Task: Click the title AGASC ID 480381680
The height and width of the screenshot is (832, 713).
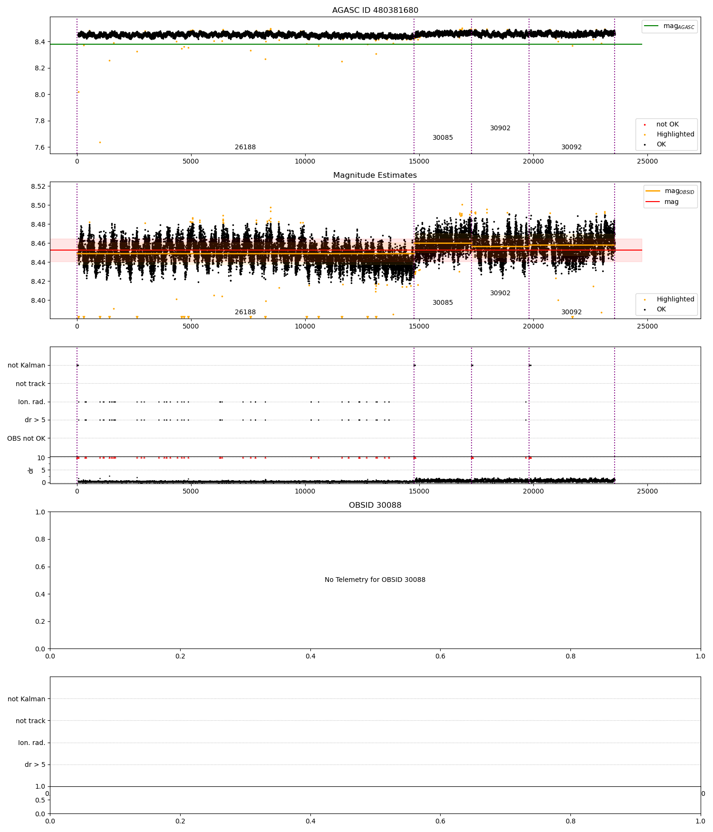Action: (x=375, y=10)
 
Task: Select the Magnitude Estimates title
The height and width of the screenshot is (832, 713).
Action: (x=375, y=175)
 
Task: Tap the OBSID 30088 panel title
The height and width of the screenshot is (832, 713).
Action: (x=375, y=505)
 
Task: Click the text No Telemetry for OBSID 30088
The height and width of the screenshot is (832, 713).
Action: (x=375, y=580)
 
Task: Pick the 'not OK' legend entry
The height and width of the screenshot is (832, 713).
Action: (x=667, y=125)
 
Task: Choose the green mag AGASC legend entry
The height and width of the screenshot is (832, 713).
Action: (x=670, y=26)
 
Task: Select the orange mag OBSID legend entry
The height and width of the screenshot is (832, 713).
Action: (x=671, y=191)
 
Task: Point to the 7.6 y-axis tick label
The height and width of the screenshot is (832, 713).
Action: (x=39, y=147)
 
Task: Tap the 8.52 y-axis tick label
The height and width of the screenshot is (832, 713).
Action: (x=38, y=186)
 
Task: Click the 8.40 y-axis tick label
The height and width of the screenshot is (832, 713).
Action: (x=38, y=300)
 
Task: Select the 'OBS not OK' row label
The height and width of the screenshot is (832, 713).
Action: (x=27, y=438)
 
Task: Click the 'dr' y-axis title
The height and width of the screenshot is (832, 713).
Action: (x=31, y=470)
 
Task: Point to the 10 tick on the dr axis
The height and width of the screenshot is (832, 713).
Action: (x=41, y=458)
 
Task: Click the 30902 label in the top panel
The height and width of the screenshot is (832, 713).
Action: (x=500, y=128)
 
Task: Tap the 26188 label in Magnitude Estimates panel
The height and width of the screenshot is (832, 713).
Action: (x=245, y=312)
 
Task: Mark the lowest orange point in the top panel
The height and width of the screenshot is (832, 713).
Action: (x=100, y=142)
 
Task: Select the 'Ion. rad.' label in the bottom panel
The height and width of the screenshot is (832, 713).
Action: (x=32, y=743)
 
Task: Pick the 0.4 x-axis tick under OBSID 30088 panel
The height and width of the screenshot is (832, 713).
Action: (x=310, y=657)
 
